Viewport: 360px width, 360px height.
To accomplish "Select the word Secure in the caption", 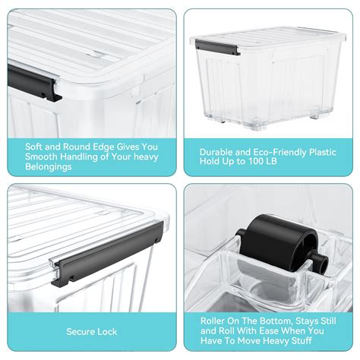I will pos(81,331).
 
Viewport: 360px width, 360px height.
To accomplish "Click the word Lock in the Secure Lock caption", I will pos(109,331).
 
